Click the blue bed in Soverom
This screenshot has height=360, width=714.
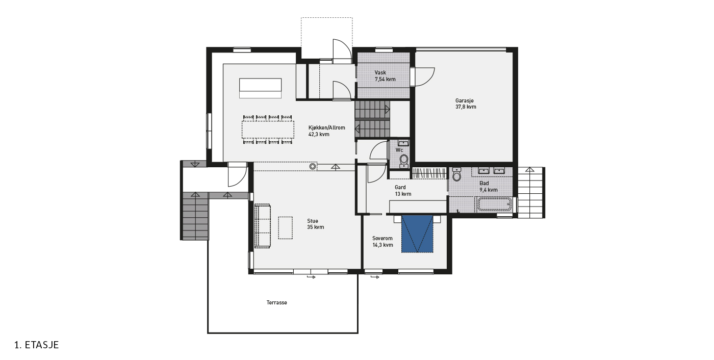tap(417, 234)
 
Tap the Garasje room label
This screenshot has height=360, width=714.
tap(465, 100)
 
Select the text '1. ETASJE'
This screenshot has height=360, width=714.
tap(37, 345)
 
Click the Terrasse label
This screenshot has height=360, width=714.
tap(276, 303)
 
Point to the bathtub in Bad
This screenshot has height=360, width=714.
tap(495, 204)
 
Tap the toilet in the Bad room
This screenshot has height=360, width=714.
tap(457, 174)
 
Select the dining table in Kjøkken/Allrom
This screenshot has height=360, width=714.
tap(268, 130)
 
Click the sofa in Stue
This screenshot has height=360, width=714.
tap(262, 226)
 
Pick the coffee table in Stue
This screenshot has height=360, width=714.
tap(285, 228)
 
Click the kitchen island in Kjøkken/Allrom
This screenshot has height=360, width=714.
tap(261, 88)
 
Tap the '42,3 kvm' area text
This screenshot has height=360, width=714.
tap(319, 135)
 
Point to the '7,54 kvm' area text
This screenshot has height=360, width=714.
tap(385, 80)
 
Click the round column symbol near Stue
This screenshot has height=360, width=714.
tap(313, 166)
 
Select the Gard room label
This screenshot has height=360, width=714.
tap(400, 187)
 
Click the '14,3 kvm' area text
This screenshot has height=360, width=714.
tap(382, 245)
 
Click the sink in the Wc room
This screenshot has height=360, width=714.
tap(404, 143)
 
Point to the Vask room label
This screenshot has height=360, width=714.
tap(380, 72)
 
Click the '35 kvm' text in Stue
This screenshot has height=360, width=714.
tap(316, 227)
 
